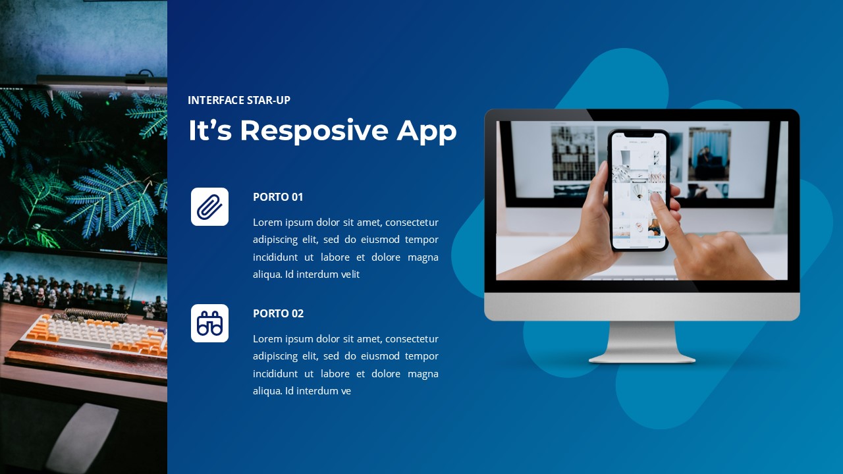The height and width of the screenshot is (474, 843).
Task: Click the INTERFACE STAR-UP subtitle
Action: click(x=238, y=100)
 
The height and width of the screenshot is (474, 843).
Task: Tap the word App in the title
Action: click(x=426, y=130)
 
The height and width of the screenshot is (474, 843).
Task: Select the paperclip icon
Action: click(x=209, y=207)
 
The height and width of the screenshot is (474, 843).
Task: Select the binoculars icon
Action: click(x=209, y=323)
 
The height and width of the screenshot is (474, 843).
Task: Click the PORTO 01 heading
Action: click(x=278, y=197)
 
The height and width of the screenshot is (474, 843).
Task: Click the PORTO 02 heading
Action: click(x=278, y=313)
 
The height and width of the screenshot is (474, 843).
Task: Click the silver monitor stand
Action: click(x=642, y=342)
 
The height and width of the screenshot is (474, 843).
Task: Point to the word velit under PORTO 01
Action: click(x=348, y=275)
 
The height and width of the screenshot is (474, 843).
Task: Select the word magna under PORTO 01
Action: click(x=423, y=257)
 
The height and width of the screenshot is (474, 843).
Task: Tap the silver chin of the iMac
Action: click(x=642, y=306)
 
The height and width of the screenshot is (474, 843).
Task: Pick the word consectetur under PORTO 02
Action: click(x=412, y=339)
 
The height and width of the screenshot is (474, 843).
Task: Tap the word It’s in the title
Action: click(x=209, y=130)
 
